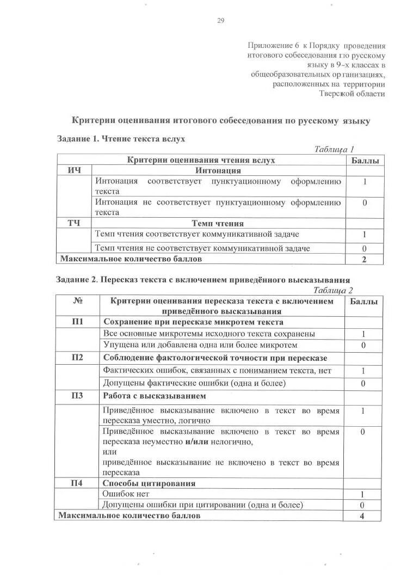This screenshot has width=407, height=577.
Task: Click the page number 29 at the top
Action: pyautogui.click(x=221, y=21)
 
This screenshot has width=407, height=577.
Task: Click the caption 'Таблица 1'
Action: pyautogui.click(x=334, y=149)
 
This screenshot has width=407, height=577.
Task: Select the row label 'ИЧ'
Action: pyautogui.click(x=74, y=170)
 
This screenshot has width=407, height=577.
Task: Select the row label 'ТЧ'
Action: pyautogui.click(x=74, y=223)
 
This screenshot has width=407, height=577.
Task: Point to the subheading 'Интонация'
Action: pyautogui.click(x=218, y=170)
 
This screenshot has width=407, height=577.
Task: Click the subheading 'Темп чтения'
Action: pyautogui.click(x=218, y=223)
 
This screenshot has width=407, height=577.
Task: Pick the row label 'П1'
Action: pyautogui.click(x=77, y=321)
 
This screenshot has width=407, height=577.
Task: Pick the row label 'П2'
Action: pyautogui.click(x=77, y=358)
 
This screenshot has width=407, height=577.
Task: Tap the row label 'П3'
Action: pyautogui.click(x=77, y=396)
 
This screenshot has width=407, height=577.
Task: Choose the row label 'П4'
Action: pyautogui.click(x=77, y=483)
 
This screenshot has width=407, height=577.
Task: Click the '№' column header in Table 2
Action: pyautogui.click(x=77, y=301)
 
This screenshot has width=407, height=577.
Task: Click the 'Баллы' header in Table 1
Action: pyautogui.click(x=364, y=160)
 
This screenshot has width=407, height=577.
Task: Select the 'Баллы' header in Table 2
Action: pyautogui.click(x=363, y=301)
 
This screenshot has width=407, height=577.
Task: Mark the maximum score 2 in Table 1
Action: pyautogui.click(x=364, y=259)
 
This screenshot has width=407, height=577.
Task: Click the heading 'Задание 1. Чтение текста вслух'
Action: pyautogui.click(x=121, y=139)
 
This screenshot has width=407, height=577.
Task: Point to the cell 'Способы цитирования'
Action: pyautogui.click(x=149, y=483)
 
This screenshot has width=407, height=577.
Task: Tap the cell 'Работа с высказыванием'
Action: pyautogui.click(x=155, y=396)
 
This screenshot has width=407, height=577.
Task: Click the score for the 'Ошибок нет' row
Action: pyautogui.click(x=362, y=494)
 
